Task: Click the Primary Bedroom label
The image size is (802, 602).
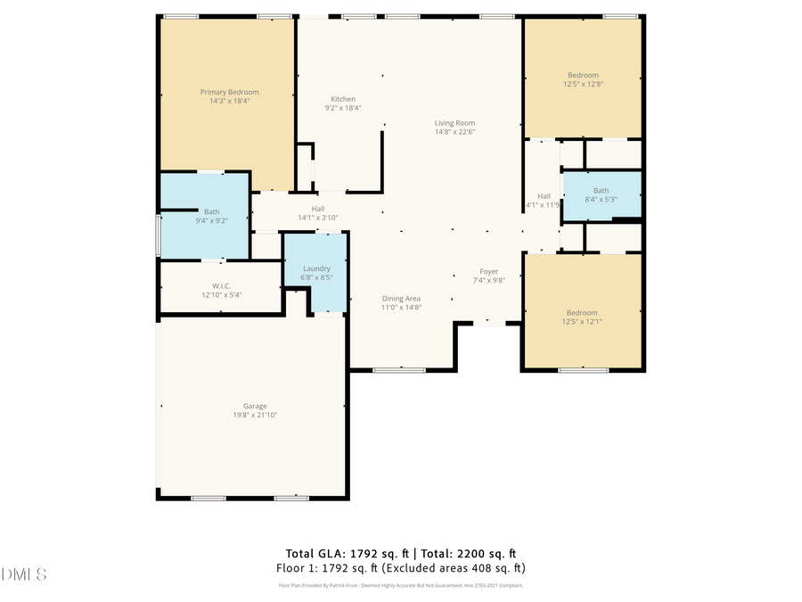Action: (229, 92)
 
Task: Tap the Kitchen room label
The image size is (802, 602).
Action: (343, 99)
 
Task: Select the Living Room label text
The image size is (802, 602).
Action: (454, 123)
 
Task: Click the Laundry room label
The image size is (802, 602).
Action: (316, 268)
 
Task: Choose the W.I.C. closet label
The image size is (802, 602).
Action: (221, 286)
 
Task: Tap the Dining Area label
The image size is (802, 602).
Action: (401, 299)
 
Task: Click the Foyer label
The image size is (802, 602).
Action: (488, 271)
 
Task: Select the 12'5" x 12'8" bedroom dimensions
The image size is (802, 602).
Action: (583, 84)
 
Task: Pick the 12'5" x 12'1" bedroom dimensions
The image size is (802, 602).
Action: (582, 321)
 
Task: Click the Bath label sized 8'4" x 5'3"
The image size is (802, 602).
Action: (601, 190)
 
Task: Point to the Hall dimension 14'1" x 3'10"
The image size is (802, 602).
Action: (318, 217)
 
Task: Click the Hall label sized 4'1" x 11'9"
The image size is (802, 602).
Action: (544, 196)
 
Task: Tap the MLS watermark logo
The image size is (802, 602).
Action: (24, 573)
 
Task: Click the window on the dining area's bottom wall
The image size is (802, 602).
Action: (399, 369)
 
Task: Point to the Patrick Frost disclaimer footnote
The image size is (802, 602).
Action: (400, 585)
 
